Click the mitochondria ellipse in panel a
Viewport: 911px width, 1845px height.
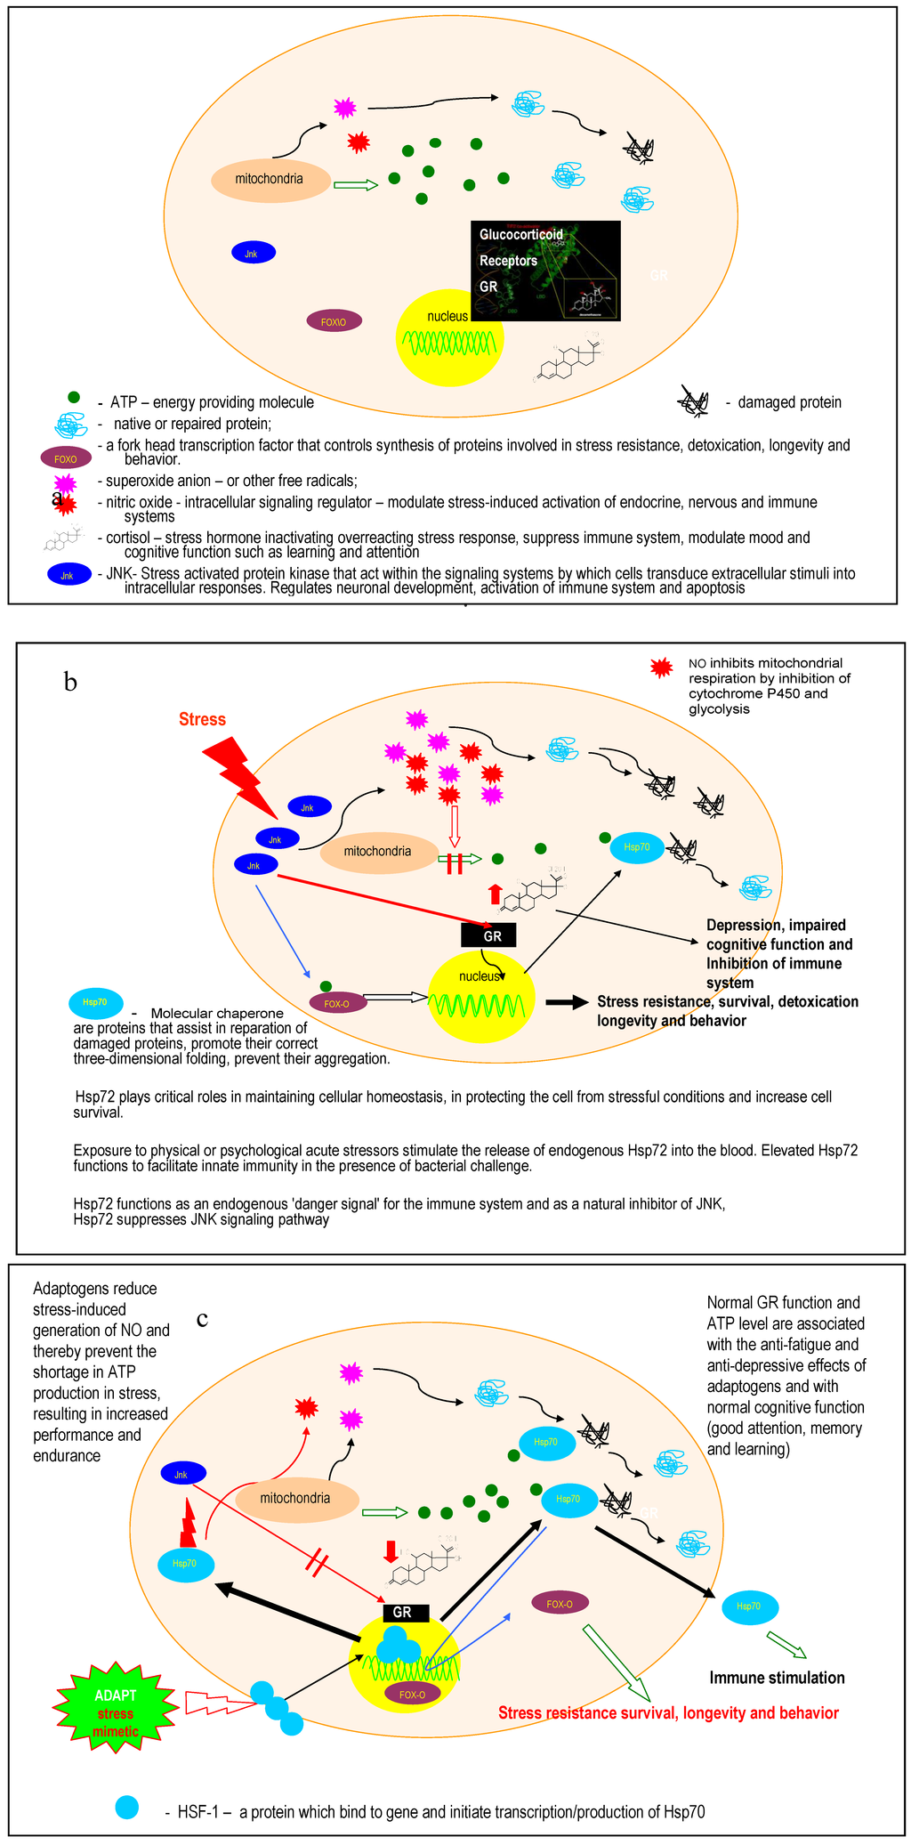(x=269, y=179)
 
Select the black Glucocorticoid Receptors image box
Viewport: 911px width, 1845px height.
(x=545, y=271)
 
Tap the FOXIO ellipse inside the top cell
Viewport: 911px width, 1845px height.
(x=334, y=321)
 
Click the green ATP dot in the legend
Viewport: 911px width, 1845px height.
(x=74, y=397)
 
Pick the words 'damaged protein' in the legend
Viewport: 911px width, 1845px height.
(x=789, y=402)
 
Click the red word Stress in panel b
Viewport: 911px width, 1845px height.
(x=202, y=719)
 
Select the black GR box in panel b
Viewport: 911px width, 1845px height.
(x=488, y=935)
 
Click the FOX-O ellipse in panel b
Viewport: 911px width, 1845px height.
(x=336, y=1004)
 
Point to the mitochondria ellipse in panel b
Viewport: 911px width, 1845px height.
(x=377, y=852)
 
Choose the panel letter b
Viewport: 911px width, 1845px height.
(x=70, y=683)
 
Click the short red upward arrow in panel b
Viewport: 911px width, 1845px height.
(x=496, y=894)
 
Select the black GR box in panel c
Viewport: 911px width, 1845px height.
(x=402, y=1612)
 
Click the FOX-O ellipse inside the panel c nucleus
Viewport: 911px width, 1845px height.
(x=412, y=1695)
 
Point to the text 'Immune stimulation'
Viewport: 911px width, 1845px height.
(x=777, y=1678)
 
